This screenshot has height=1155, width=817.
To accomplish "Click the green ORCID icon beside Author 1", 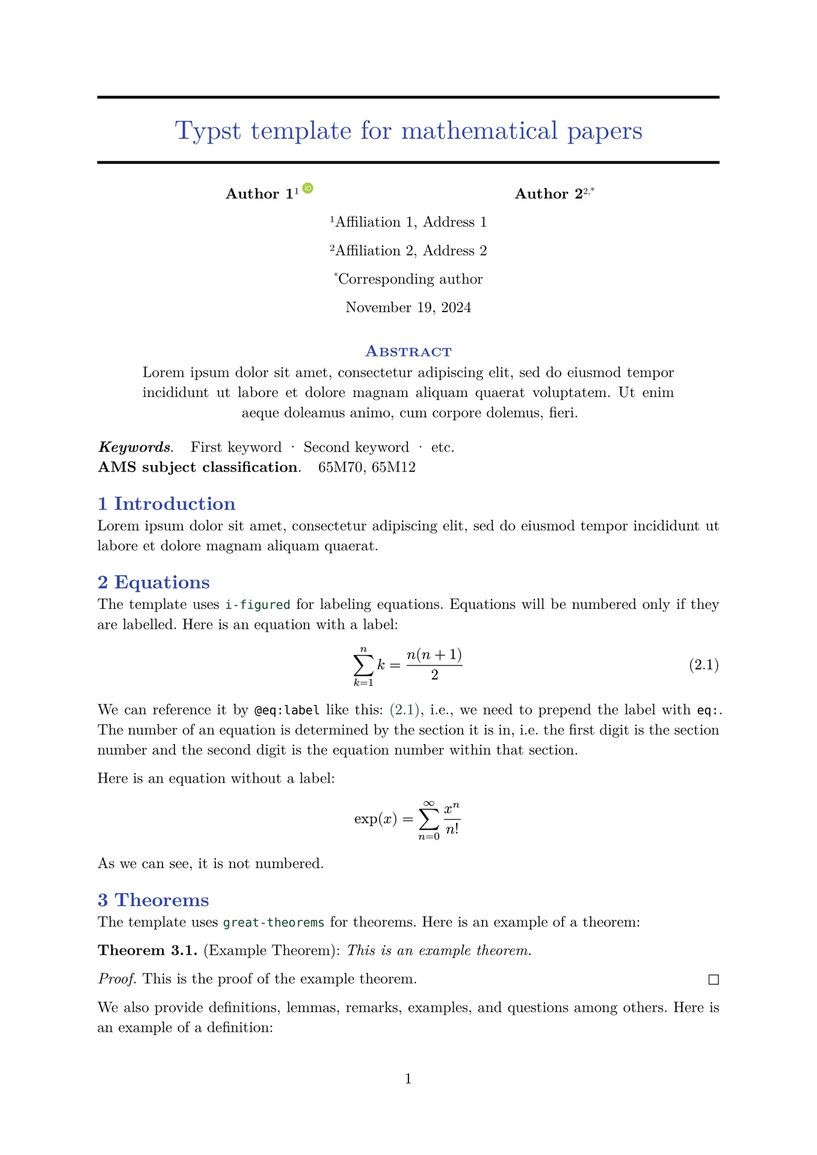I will click(x=308, y=188).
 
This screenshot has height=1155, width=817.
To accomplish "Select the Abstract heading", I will click(x=408, y=351).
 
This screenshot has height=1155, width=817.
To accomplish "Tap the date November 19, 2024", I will click(x=408, y=308).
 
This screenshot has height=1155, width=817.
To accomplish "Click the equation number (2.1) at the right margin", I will click(x=703, y=665).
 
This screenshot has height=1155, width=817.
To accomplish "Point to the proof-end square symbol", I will click(x=714, y=980).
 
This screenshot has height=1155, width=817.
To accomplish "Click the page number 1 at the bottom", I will click(x=408, y=1079).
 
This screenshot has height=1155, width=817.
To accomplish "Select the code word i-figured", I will click(x=257, y=605).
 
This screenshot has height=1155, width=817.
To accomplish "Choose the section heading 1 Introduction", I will click(x=166, y=504).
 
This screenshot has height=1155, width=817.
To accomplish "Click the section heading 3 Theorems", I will click(x=153, y=900).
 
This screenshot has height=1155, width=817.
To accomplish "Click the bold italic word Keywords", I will click(x=134, y=448).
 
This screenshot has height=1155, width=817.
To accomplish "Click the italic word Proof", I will click(x=117, y=979).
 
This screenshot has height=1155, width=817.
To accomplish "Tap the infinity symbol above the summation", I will click(x=428, y=804).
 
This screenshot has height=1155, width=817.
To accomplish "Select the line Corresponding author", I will click(x=410, y=279).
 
